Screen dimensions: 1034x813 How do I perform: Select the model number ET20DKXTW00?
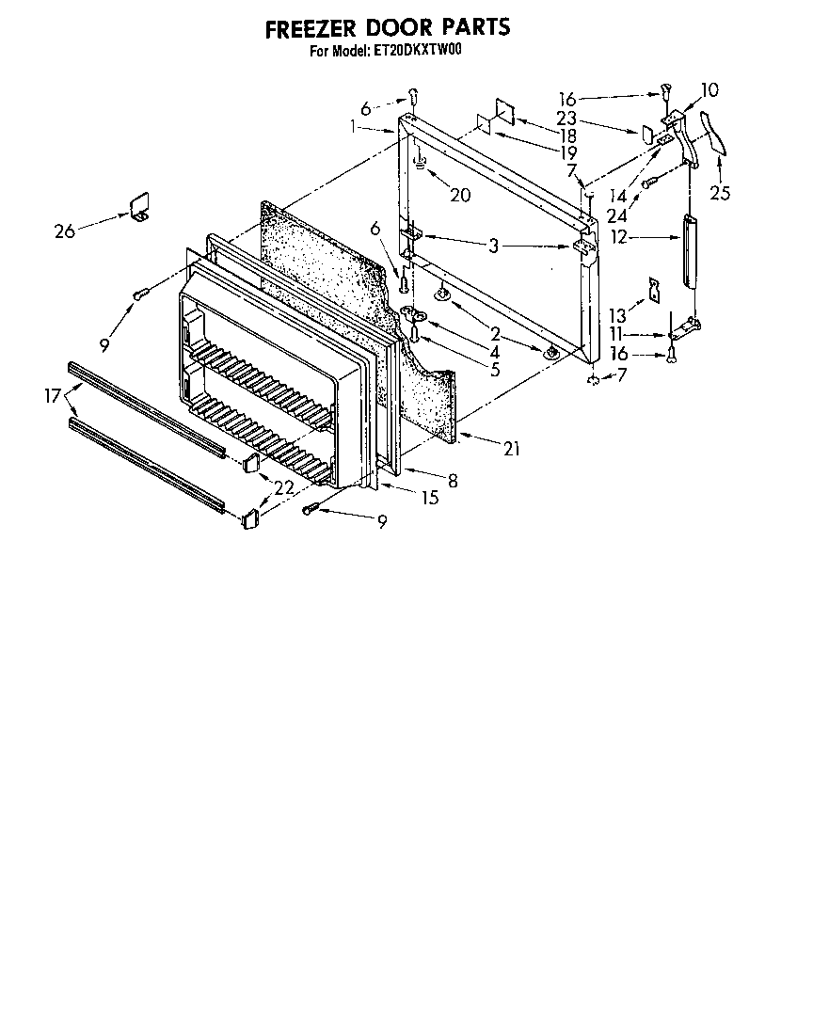413,53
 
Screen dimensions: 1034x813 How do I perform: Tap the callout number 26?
64,231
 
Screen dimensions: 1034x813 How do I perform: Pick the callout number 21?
511,450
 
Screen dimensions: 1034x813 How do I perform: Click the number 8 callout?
453,480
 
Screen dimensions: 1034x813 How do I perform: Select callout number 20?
460,195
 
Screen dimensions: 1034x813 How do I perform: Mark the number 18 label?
567,135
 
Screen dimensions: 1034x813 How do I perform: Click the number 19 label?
566,151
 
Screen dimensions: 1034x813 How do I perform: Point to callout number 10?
709,90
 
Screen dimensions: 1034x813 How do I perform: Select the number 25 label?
720,194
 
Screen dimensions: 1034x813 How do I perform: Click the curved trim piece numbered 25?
718,131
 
